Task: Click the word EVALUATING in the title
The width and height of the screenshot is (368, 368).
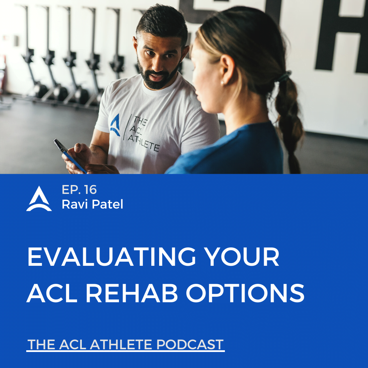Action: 111,257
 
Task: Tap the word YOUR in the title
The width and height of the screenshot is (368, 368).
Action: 242,257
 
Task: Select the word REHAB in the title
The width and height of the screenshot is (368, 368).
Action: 132,293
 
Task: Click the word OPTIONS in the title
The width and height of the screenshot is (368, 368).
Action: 245,293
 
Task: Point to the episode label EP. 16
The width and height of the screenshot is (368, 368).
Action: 79,190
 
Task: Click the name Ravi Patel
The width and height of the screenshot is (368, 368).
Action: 92,204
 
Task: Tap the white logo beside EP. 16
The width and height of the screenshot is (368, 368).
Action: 39,199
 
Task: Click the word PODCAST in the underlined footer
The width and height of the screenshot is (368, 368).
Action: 190,344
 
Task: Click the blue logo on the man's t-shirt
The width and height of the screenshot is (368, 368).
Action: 115,125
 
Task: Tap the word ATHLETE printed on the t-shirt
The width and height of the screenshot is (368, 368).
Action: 144,143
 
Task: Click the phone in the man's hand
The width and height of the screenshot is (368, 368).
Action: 70,156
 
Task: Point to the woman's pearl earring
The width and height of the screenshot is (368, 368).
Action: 222,82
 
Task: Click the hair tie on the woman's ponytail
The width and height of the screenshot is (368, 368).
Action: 284,76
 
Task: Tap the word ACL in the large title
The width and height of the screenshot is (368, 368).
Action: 52,293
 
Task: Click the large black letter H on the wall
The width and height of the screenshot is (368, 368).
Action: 341,35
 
